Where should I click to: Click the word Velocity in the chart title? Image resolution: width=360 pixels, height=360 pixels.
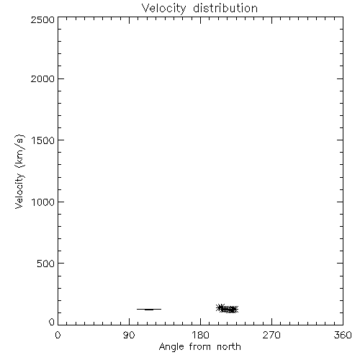pyautogui.click(x=163, y=9)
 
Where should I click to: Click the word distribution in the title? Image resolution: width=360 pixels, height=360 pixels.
pyautogui.click(x=225, y=8)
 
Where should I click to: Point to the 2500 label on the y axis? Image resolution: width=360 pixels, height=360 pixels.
pyautogui.click(x=42, y=19)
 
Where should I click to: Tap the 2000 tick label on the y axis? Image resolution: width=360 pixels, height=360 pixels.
pyautogui.click(x=42, y=78)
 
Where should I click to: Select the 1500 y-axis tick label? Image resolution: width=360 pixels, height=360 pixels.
pyautogui.click(x=43, y=140)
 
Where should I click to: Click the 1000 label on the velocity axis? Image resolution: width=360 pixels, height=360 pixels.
pyautogui.click(x=43, y=202)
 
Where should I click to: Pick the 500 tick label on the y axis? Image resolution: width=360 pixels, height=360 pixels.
pyautogui.click(x=46, y=264)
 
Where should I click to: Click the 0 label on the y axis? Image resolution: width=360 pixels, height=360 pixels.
pyautogui.click(x=52, y=322)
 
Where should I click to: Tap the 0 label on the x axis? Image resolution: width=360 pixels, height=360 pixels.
pyautogui.click(x=58, y=335)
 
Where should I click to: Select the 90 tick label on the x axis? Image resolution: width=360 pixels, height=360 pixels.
pyautogui.click(x=129, y=335)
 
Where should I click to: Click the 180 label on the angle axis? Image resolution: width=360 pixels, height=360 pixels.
pyautogui.click(x=200, y=335)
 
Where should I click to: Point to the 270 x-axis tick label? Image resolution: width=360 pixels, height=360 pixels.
pyautogui.click(x=271, y=335)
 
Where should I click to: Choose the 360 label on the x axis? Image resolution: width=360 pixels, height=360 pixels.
pyautogui.click(x=343, y=335)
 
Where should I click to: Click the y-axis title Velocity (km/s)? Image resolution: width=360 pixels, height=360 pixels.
pyautogui.click(x=19, y=171)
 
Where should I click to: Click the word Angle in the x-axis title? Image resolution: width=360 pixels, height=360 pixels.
pyautogui.click(x=171, y=347)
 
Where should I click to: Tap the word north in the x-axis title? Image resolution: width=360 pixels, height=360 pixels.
pyautogui.click(x=229, y=347)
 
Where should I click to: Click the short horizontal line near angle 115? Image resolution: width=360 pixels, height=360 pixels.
pyautogui.click(x=149, y=309)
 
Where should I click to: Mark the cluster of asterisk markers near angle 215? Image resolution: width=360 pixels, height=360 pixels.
pyautogui.click(x=227, y=309)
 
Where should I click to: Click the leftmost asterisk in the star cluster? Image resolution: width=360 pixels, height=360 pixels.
pyautogui.click(x=220, y=307)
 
